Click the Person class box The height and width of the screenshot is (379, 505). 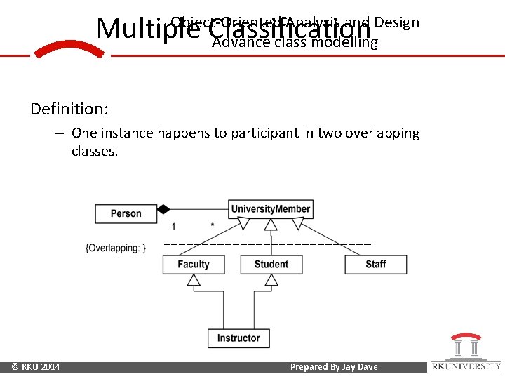[126, 213]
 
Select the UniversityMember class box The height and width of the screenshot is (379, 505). [270, 209]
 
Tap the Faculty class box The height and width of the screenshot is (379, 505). [194, 265]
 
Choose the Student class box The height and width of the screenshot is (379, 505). [271, 265]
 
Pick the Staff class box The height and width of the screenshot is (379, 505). [375, 265]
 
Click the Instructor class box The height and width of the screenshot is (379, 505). [238, 338]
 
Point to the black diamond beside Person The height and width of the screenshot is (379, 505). [163, 209]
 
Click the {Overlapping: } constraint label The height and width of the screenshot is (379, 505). [115, 248]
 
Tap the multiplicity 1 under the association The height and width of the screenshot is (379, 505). [173, 227]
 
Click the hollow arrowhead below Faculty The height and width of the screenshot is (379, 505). [194, 280]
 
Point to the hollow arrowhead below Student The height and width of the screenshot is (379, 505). [271, 280]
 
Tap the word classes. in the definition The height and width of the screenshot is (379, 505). [95, 152]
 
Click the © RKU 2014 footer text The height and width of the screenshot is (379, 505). [36, 367]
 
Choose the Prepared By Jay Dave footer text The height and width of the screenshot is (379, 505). [334, 367]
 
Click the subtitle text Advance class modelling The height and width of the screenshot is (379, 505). [295, 43]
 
